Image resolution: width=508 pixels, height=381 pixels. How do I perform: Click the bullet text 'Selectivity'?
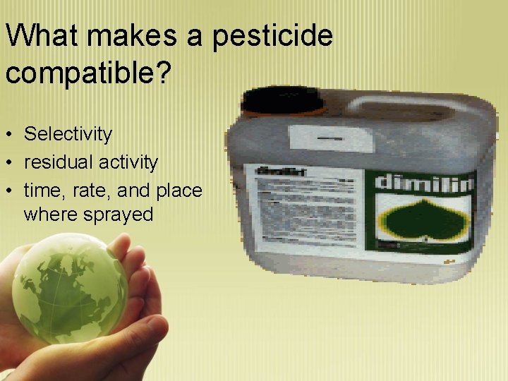(68, 133)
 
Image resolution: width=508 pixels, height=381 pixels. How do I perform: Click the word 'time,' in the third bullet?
(44, 190)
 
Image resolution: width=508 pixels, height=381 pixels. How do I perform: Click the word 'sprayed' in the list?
(119, 214)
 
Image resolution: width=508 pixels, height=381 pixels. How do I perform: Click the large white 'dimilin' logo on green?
(423, 181)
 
